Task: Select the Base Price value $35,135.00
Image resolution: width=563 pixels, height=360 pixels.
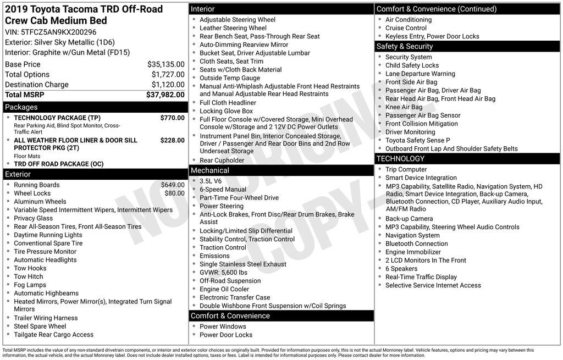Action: tap(165, 64)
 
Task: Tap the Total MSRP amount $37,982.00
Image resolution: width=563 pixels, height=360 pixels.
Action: tap(165, 95)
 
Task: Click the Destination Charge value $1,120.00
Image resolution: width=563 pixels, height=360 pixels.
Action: tap(168, 85)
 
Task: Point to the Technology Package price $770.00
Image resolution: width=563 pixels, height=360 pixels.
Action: tap(172, 118)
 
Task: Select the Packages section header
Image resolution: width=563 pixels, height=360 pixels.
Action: tap(21, 107)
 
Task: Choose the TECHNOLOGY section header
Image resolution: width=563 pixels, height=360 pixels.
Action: tap(401, 159)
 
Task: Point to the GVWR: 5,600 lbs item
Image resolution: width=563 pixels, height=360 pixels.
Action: tap(223, 272)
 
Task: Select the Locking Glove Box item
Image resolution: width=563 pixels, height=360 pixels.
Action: tap(226, 111)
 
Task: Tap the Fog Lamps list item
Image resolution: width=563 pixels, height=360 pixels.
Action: tap(30, 285)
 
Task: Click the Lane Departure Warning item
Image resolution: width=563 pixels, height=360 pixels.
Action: tap(420, 74)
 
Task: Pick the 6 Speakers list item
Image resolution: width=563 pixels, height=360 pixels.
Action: tap(401, 269)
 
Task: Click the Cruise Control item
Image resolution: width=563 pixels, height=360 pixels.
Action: tap(406, 28)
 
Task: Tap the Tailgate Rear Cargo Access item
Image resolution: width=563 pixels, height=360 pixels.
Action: tap(53, 334)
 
